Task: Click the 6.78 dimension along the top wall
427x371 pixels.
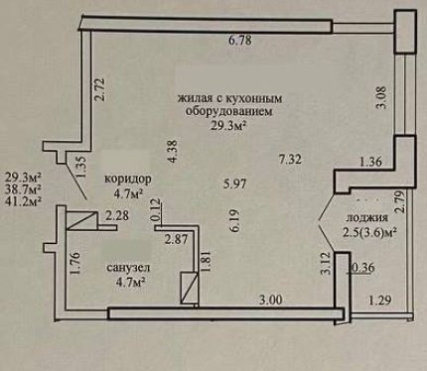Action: [240, 41]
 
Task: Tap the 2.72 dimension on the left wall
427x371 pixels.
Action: [99, 89]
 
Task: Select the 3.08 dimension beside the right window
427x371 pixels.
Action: [382, 97]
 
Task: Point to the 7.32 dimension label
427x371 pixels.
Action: [290, 160]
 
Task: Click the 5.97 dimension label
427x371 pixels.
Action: [234, 184]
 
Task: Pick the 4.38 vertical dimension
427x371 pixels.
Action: [173, 151]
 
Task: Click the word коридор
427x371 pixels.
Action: [128, 179]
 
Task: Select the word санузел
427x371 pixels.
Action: [128, 268]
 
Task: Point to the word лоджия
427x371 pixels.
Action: [366, 218]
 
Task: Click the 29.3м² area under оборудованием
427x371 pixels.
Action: [230, 126]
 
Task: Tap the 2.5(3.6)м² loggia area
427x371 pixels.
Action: [369, 232]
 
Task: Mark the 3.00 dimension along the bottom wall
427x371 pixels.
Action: [271, 300]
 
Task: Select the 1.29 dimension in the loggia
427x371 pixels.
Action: [380, 301]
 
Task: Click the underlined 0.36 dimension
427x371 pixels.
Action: [361, 268]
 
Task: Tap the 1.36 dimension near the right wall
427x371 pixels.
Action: [370, 162]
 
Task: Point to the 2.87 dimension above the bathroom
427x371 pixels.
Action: [176, 239]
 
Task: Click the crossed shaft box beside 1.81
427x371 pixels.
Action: [190, 288]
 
